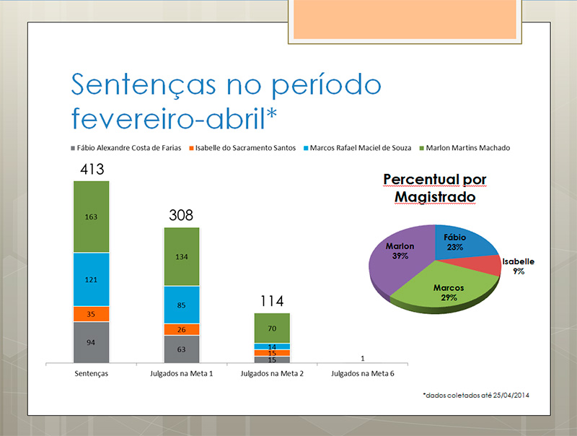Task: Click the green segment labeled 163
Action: [x=91, y=216]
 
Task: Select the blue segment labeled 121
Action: [x=91, y=279]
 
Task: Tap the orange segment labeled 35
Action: [x=91, y=314]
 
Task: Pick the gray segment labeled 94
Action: [x=91, y=342]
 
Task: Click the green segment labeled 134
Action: [x=182, y=256]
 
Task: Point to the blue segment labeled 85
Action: [x=182, y=305]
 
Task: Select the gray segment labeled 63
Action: [x=182, y=349]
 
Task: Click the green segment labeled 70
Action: [x=272, y=328]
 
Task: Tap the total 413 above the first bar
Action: [x=91, y=170]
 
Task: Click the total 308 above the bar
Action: [x=182, y=215]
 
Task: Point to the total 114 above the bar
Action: [x=272, y=301]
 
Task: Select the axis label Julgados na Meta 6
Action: [x=362, y=375]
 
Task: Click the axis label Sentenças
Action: [x=91, y=375]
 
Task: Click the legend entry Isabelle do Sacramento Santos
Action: [x=245, y=148]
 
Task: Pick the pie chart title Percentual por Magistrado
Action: [x=434, y=186]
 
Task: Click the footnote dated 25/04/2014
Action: [x=475, y=396]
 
